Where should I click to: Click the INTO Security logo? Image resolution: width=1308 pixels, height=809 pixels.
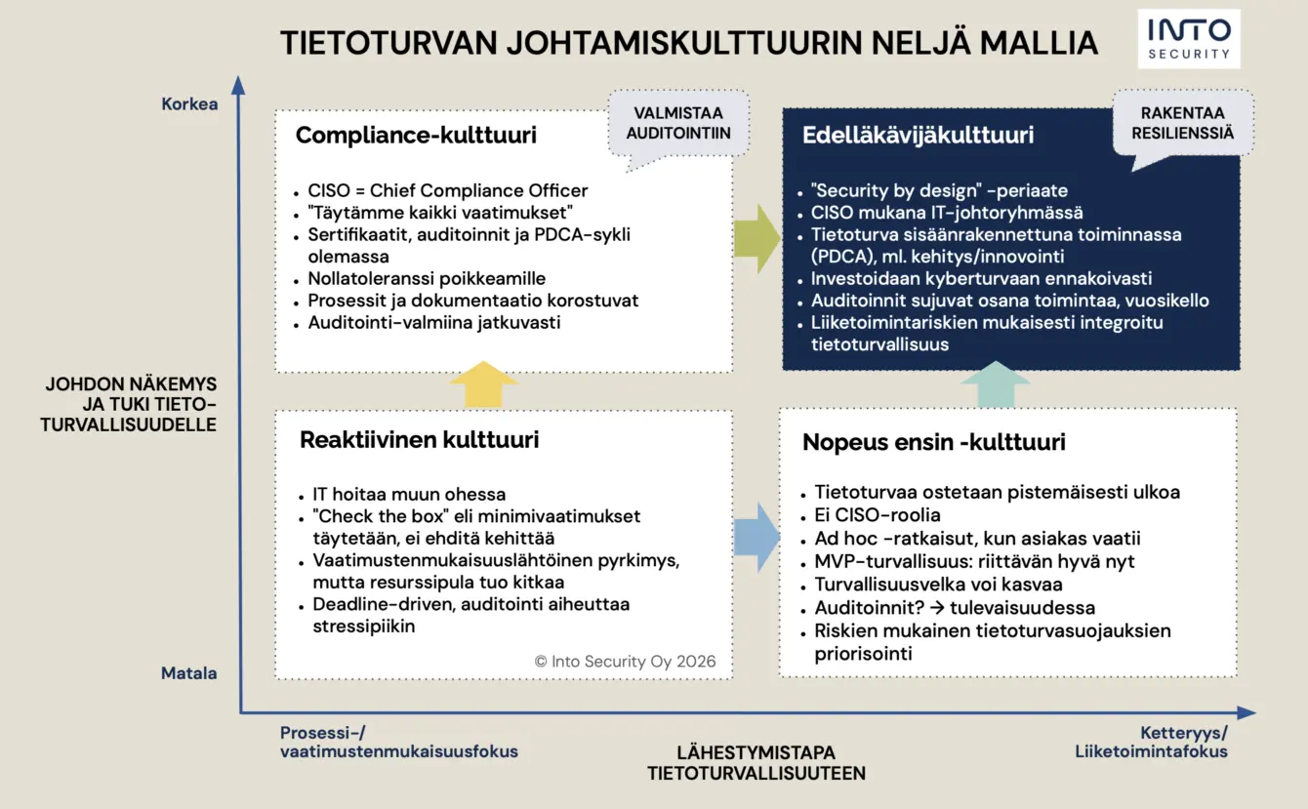click(x=1189, y=39)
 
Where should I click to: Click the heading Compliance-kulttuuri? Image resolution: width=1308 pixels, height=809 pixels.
click(x=416, y=136)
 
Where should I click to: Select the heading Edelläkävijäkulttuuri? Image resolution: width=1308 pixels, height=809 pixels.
click(x=918, y=136)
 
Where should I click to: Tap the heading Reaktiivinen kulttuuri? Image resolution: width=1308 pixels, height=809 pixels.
click(x=419, y=440)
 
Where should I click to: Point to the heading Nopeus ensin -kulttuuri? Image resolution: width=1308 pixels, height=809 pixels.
click(x=933, y=442)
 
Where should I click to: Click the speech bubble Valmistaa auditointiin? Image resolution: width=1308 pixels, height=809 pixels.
click(x=678, y=123)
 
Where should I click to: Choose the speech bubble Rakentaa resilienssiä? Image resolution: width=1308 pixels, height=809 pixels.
click(x=1183, y=123)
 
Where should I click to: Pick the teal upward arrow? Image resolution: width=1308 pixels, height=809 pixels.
click(x=995, y=384)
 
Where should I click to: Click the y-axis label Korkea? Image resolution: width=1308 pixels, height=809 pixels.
click(x=189, y=103)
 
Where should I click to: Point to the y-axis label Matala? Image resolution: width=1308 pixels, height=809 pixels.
click(x=189, y=673)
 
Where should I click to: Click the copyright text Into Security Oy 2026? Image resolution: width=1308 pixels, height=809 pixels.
click(x=625, y=661)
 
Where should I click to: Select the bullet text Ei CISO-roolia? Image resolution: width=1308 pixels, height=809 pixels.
click(x=878, y=515)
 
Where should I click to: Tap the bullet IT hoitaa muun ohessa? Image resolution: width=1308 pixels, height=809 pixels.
click(x=409, y=494)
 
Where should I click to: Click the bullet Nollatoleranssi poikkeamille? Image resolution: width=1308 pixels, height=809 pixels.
click(x=427, y=279)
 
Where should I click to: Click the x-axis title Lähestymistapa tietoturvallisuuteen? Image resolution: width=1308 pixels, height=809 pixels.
click(x=756, y=763)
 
